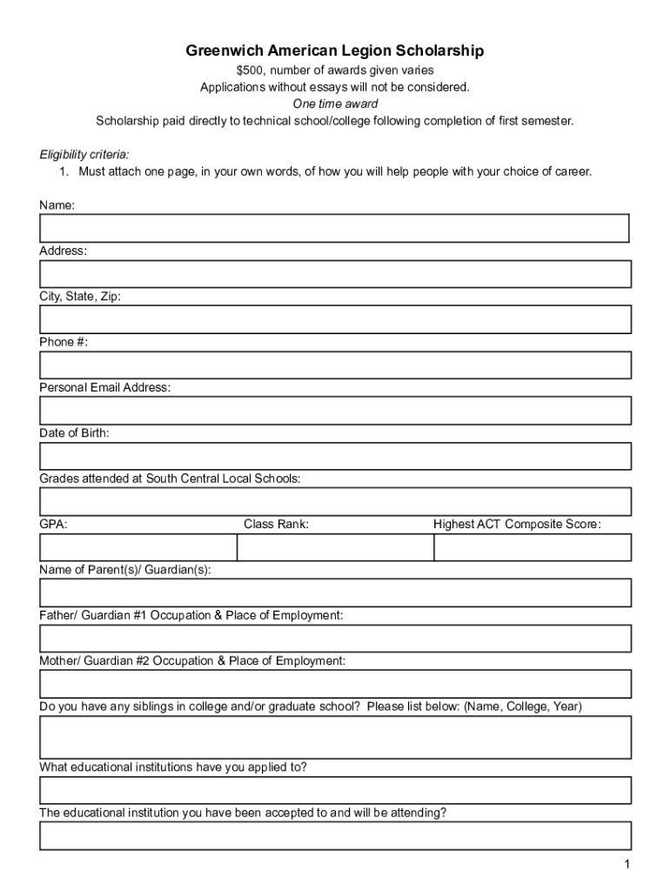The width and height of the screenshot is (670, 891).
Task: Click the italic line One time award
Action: tap(335, 104)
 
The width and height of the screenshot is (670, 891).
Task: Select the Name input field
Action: tap(334, 228)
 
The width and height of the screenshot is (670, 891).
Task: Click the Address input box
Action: tap(334, 274)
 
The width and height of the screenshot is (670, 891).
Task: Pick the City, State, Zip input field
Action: tap(334, 319)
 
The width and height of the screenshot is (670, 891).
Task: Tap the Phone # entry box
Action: tap(334, 365)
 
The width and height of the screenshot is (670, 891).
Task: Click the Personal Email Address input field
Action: tap(334, 411)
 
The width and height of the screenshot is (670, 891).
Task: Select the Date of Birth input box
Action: tap(334, 456)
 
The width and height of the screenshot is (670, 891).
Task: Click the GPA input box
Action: tap(137, 547)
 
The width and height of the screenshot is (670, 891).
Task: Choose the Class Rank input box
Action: tap(335, 547)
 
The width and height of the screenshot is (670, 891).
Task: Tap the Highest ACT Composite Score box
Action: tap(533, 547)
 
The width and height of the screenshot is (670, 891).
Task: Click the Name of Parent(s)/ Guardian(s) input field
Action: tap(334, 593)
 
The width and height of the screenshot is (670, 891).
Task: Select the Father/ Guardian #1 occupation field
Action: tap(334, 639)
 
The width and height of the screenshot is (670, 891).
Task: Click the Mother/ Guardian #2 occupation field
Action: tap(334, 684)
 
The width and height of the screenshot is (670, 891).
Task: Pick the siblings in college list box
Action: tap(334, 737)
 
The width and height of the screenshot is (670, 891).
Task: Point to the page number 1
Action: tap(626, 864)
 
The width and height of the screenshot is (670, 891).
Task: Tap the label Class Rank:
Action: tap(276, 525)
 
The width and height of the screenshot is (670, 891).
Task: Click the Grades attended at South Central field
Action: tap(334, 502)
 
